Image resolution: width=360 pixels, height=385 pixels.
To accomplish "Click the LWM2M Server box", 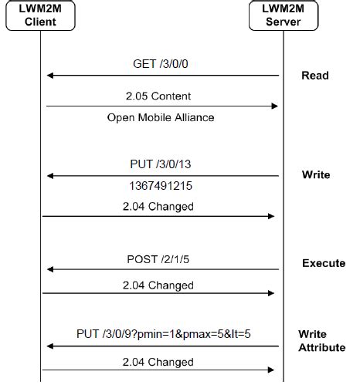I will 283,15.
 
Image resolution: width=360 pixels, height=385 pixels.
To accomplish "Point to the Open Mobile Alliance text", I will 161,118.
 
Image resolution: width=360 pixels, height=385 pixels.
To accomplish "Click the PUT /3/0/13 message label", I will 161,164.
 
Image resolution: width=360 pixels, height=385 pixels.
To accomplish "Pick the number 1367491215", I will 161,186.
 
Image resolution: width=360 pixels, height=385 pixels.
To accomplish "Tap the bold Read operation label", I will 314,76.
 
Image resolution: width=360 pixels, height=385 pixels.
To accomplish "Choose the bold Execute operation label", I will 324,264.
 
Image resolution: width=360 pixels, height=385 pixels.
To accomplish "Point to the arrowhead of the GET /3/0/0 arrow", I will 50,76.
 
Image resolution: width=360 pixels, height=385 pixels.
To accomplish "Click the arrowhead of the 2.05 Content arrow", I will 273,106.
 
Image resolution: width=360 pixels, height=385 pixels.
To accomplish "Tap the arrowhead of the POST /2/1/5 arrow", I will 50,269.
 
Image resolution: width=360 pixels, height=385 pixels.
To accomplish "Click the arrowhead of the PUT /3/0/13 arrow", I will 50,175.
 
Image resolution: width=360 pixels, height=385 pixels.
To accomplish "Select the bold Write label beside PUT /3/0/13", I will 315,175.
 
